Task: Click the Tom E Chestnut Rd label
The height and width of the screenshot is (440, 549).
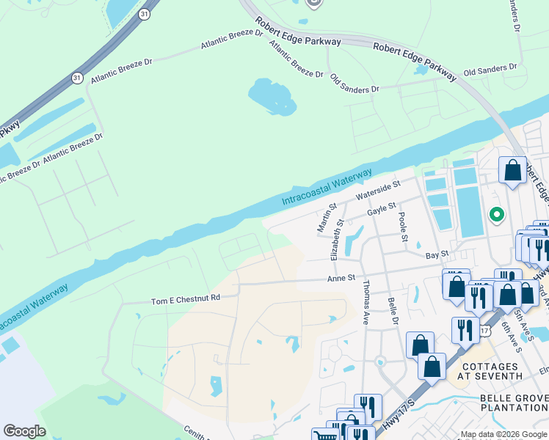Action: (x=185, y=299)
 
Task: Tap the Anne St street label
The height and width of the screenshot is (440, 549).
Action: (x=341, y=279)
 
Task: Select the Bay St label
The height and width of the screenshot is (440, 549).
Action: (x=437, y=254)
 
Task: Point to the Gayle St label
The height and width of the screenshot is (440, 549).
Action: (x=381, y=210)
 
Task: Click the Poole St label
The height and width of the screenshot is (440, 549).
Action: (x=403, y=229)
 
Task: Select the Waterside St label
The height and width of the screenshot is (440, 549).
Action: (x=377, y=191)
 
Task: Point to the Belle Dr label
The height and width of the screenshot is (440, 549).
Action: (x=393, y=311)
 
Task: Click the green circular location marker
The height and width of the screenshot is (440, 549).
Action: (x=497, y=215)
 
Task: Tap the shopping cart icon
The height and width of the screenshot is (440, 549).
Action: (x=324, y=436)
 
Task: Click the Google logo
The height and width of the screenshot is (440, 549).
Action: (x=24, y=431)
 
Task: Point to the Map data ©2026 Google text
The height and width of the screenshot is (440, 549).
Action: (x=503, y=434)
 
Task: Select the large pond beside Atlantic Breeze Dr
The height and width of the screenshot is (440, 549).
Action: (x=272, y=97)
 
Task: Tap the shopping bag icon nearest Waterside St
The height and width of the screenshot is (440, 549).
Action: (x=512, y=170)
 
